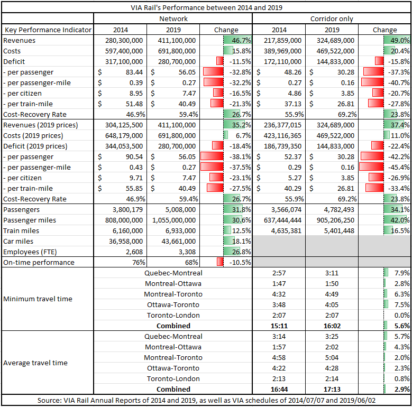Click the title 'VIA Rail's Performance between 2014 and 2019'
point(206,7)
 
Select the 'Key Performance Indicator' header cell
point(48,30)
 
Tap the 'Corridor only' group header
point(332,19)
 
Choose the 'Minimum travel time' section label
point(38,299)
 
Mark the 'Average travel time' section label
point(35,363)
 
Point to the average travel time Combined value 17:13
point(332,390)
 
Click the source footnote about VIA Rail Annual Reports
point(206,401)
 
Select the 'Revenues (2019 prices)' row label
point(40,125)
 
